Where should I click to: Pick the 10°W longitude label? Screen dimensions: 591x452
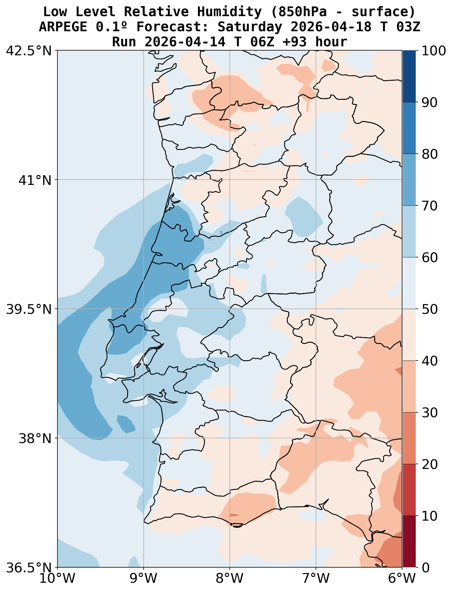[57, 579]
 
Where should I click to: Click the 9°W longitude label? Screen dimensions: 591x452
[144, 579]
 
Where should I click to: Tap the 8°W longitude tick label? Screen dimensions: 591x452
[230, 579]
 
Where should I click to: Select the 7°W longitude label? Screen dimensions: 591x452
[316, 579]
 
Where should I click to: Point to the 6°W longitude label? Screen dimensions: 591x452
[402, 579]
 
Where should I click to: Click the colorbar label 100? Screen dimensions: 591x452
[433, 51]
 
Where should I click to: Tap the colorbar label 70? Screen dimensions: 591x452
[430, 206]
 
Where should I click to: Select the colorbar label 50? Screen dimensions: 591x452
[430, 309]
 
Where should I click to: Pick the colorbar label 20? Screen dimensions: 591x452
[430, 464]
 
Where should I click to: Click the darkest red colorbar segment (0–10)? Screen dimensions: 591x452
[409, 542]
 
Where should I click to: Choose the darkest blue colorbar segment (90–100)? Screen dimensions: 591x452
[409, 76]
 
